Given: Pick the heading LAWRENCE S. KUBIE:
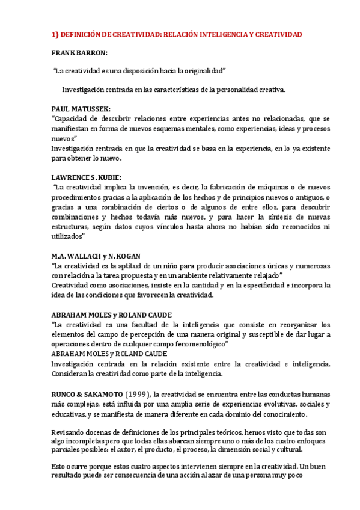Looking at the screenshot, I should pos(87,177).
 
